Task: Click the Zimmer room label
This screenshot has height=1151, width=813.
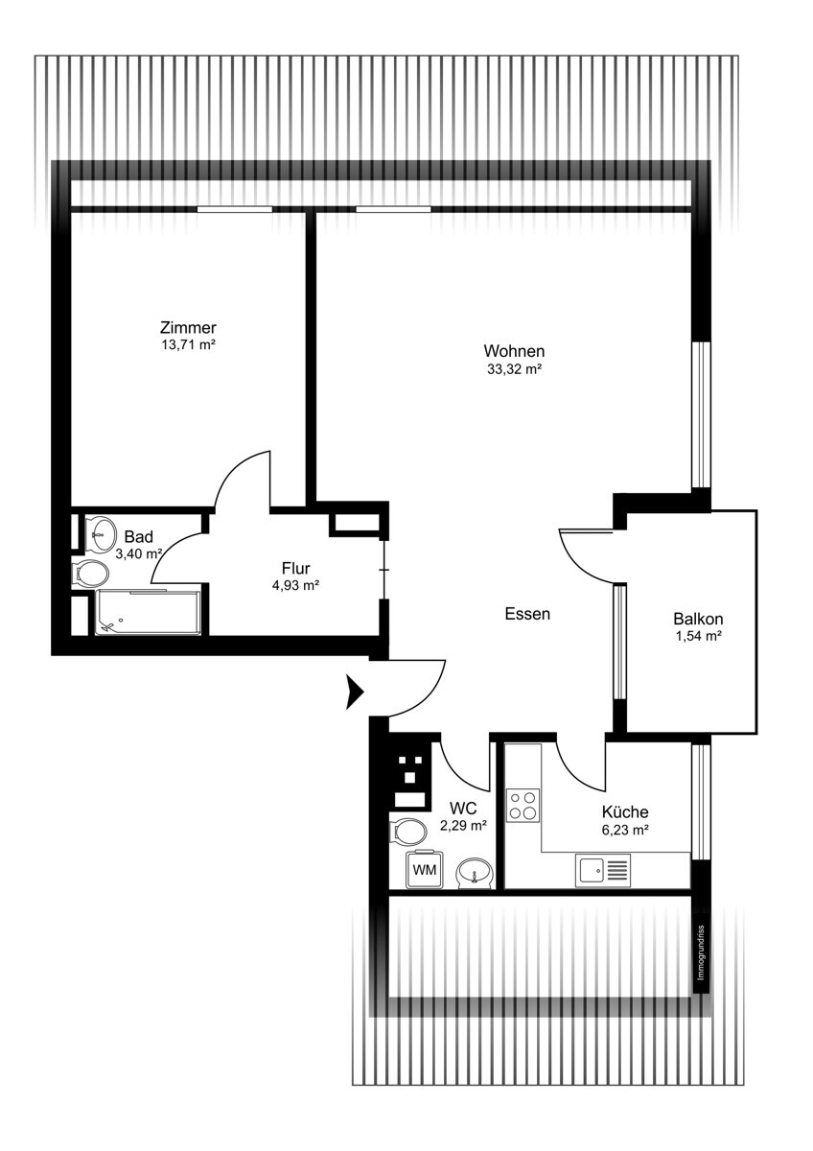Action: click(x=188, y=327)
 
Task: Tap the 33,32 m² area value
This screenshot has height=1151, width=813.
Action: click(x=515, y=369)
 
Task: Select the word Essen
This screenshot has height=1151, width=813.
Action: click(x=527, y=614)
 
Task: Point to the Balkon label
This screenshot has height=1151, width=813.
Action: click(x=699, y=619)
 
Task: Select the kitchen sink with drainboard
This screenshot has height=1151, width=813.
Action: click(x=603, y=871)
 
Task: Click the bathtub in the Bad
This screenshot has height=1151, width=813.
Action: click(x=148, y=613)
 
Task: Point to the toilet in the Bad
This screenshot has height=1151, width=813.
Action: click(x=91, y=573)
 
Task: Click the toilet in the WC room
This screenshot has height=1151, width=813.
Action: click(x=407, y=832)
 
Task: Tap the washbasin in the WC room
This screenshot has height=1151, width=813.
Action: click(x=476, y=872)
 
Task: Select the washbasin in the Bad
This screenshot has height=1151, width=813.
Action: click(x=102, y=534)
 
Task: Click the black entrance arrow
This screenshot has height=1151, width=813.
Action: click(x=355, y=693)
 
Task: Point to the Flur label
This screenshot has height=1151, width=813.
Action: click(x=296, y=568)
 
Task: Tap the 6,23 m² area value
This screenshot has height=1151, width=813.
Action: click(x=625, y=830)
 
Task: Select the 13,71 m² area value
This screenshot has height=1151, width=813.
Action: click(x=188, y=344)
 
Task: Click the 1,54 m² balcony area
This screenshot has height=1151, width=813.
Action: click(x=699, y=636)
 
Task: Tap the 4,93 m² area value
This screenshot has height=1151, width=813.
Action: click(x=296, y=585)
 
